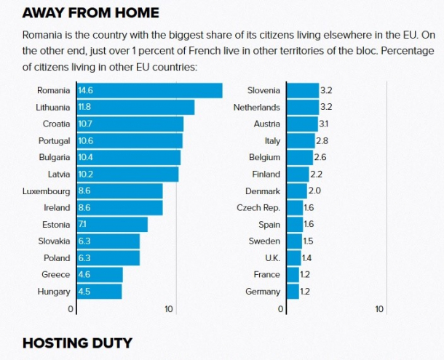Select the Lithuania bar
(x=134, y=107)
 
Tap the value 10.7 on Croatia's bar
(x=85, y=124)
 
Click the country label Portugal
(x=54, y=140)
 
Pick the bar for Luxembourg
(x=118, y=191)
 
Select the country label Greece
(x=56, y=275)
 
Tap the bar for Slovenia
(x=302, y=90)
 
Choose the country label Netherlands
(x=256, y=107)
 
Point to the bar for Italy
(x=300, y=140)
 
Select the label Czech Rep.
(x=258, y=208)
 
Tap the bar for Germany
(x=293, y=292)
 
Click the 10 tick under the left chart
(x=169, y=309)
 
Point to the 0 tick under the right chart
(x=281, y=309)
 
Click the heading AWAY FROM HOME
(x=90, y=13)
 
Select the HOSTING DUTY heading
(x=77, y=343)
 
